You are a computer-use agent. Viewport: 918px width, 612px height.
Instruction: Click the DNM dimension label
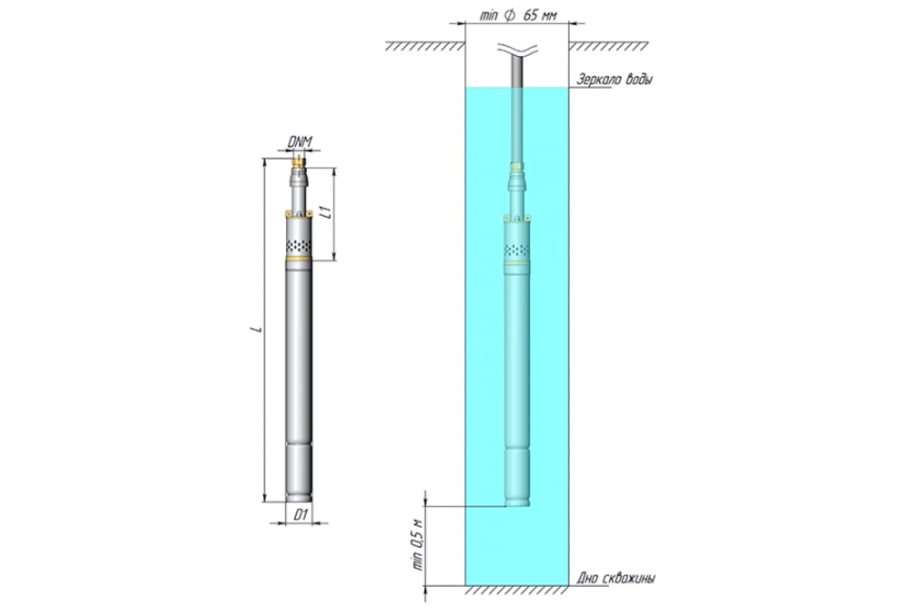coord(299,142)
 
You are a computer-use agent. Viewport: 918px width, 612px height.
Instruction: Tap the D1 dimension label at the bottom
coord(301,515)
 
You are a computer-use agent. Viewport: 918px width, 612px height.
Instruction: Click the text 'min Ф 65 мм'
coord(519,16)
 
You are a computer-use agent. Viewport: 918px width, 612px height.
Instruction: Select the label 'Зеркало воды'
coord(614,79)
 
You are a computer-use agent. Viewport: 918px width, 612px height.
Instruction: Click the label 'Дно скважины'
coord(616,578)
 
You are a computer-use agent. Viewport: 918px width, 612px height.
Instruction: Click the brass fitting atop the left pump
coord(299,163)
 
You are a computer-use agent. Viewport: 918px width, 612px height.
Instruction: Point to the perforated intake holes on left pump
coord(298,246)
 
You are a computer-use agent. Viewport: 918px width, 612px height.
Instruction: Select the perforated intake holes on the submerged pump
coord(517,249)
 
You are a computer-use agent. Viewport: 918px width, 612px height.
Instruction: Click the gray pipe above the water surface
coord(517,71)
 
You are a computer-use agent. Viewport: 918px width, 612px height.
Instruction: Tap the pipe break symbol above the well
coord(517,49)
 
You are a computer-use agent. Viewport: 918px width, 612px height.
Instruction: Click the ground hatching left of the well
coord(425,46)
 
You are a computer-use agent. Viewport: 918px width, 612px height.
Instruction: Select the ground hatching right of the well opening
coord(608,46)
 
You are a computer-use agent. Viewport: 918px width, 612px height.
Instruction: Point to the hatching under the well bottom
coord(517,590)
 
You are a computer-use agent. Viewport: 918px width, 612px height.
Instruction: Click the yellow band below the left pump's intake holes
coord(298,259)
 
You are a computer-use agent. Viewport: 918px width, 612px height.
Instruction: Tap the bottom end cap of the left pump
coord(299,498)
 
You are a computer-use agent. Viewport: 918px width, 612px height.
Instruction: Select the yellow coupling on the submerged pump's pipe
coord(517,167)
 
